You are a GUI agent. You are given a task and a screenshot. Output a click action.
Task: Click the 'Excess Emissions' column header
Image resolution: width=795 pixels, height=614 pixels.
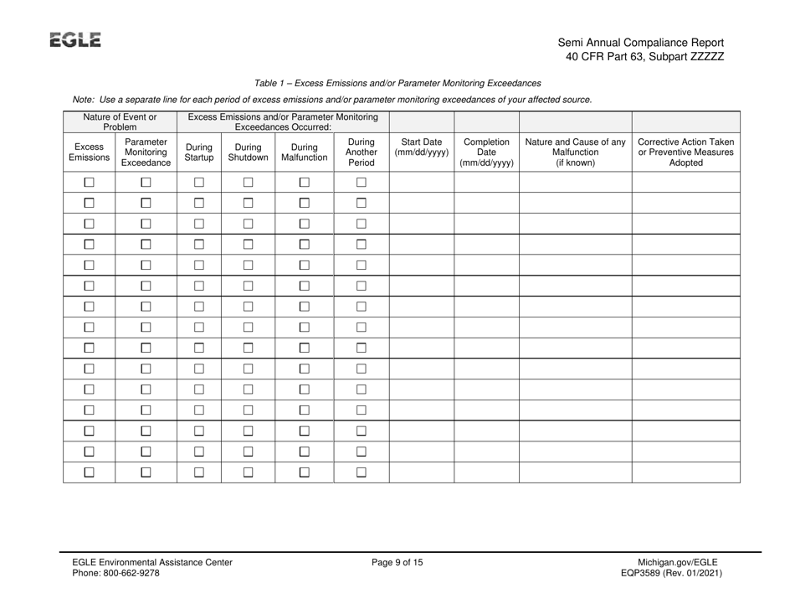click(x=88, y=150)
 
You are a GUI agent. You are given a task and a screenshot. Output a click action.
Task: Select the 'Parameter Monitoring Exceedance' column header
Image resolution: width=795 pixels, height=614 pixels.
click(x=146, y=150)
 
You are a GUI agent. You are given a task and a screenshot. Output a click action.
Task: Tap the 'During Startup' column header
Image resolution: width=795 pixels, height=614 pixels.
click(x=198, y=150)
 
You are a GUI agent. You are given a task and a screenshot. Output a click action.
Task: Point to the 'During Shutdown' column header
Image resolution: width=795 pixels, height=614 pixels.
click(x=248, y=150)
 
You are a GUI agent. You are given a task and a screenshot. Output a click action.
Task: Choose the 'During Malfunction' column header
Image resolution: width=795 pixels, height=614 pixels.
click(x=304, y=150)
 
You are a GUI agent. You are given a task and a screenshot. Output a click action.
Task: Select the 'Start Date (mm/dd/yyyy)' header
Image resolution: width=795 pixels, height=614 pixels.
click(x=422, y=145)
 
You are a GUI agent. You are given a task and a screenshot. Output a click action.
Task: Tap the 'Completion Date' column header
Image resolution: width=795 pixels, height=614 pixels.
click(x=486, y=150)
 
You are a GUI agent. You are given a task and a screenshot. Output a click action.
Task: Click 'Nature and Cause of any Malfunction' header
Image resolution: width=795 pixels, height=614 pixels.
click(x=575, y=150)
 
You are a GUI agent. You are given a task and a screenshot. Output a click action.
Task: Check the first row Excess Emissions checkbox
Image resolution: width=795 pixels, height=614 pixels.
click(x=88, y=183)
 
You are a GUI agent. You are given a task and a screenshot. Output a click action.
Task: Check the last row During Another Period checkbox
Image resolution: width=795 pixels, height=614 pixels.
click(x=361, y=473)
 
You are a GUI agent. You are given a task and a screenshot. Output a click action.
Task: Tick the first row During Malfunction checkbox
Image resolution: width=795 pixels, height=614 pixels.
click(x=304, y=183)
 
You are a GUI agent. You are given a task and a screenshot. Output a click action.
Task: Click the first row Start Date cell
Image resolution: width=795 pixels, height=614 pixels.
click(x=422, y=183)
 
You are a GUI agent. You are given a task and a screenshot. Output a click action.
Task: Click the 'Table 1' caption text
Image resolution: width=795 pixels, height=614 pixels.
click(x=397, y=83)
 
